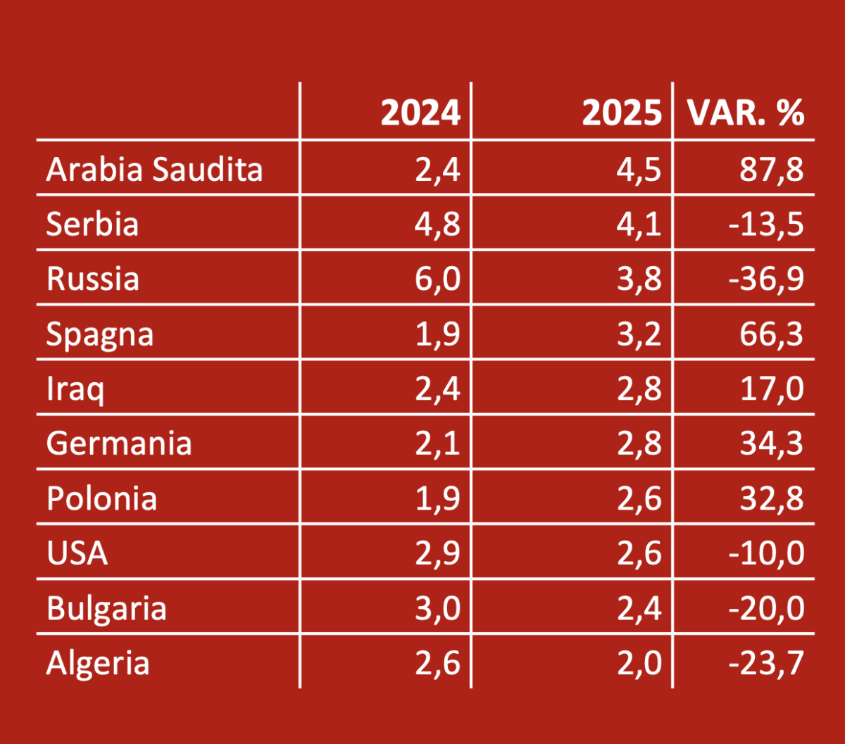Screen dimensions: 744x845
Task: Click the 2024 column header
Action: (420, 113)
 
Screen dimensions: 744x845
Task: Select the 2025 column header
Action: (622, 113)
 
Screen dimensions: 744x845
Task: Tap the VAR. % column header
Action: (746, 113)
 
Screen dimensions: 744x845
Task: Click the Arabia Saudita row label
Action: (154, 169)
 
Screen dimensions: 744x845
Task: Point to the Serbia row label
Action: (92, 224)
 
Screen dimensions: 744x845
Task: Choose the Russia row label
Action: (93, 279)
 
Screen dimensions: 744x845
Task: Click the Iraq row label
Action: (75, 389)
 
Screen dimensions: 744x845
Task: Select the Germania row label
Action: (119, 444)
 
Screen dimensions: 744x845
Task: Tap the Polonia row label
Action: (101, 499)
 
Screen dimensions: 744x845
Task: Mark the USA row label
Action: (77, 553)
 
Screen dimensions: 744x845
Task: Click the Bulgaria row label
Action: (106, 608)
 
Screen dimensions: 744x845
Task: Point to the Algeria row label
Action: (98, 663)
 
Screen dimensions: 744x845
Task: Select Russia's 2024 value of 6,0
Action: (437, 279)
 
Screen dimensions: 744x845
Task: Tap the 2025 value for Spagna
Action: (639, 334)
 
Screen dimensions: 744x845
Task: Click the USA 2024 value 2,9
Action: (437, 553)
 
